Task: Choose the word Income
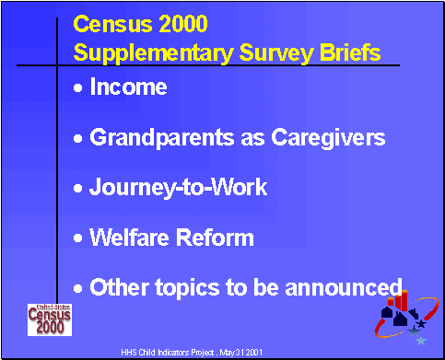(x=128, y=88)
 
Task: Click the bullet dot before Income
(x=78, y=89)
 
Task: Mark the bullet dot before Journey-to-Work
(x=78, y=189)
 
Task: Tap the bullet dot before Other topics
(x=78, y=287)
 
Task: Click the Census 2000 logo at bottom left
(x=47, y=319)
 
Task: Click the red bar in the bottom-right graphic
(x=403, y=300)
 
